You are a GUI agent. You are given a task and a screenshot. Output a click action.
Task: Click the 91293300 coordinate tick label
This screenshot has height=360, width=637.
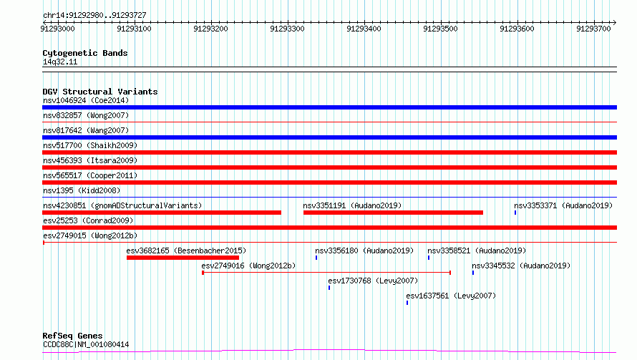(x=287, y=29)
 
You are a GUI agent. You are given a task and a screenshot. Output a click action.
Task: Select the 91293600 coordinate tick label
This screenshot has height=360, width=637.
(x=517, y=29)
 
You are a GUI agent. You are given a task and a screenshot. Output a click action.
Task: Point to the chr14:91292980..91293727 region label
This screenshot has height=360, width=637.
(x=94, y=16)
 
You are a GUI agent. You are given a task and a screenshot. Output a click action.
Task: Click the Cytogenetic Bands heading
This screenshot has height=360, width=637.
(x=85, y=53)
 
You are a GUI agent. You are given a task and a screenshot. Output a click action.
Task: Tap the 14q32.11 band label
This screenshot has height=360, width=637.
(x=60, y=62)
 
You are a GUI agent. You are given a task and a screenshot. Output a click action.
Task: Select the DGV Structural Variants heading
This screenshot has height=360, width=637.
(x=100, y=92)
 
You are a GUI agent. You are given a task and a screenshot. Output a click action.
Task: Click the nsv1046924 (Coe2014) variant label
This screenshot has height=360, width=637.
(x=86, y=100)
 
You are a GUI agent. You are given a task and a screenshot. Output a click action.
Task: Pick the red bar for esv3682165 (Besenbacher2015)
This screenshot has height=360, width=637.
(x=183, y=258)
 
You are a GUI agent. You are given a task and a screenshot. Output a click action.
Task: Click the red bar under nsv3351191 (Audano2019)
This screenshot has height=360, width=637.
(x=393, y=213)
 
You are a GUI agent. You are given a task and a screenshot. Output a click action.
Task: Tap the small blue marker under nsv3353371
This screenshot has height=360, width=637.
(x=515, y=213)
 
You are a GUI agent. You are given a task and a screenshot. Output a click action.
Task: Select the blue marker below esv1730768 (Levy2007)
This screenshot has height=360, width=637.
(x=329, y=288)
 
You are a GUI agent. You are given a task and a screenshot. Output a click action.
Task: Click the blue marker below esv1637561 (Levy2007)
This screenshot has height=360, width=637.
(x=407, y=303)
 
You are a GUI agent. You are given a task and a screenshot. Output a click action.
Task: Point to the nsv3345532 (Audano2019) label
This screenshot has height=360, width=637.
(x=521, y=266)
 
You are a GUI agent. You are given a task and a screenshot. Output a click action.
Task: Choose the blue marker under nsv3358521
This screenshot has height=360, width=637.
(x=429, y=258)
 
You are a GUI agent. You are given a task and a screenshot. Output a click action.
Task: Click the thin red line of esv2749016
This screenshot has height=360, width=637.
(x=326, y=273)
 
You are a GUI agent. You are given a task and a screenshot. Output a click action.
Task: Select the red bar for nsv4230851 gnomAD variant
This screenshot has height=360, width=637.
(x=162, y=213)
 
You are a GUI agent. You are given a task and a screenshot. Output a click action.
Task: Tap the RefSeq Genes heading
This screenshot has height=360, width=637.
(x=72, y=336)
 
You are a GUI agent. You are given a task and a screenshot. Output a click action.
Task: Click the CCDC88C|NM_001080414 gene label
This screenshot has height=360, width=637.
(x=86, y=344)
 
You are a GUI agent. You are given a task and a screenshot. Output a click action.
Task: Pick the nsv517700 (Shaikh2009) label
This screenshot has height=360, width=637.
(x=90, y=145)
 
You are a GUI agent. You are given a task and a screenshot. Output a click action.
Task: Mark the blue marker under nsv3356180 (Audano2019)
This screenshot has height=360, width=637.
(x=316, y=258)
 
